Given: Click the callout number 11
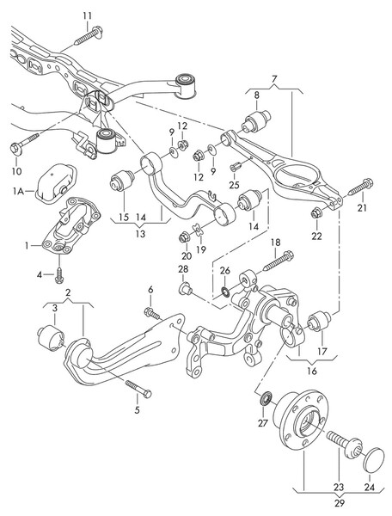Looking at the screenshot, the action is [x=87, y=15].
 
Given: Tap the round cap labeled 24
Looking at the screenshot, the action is [x=374, y=458].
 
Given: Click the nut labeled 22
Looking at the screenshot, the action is [x=316, y=213].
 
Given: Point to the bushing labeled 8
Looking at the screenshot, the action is [x=256, y=121].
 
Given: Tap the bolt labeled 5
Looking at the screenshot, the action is [x=138, y=389].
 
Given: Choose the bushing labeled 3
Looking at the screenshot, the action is [x=51, y=338].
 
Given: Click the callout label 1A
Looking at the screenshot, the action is [x=18, y=191].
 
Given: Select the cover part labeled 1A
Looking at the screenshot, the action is [x=56, y=184].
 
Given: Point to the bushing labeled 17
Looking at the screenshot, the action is [x=319, y=321].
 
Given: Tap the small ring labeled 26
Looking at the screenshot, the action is [x=225, y=292].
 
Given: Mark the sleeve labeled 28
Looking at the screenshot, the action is [x=185, y=289].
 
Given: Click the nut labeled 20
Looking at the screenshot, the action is [x=185, y=237].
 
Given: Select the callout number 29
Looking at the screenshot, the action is [x=340, y=503].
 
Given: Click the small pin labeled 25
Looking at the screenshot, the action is [x=236, y=166].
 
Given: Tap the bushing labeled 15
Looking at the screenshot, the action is [x=122, y=180].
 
